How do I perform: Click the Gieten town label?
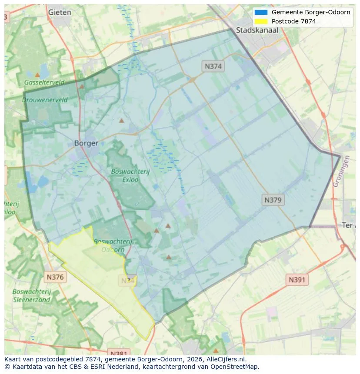(60, 12)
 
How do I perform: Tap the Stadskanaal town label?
(257, 30)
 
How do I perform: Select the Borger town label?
(86, 143)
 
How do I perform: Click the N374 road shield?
(213, 66)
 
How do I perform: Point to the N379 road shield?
(273, 200)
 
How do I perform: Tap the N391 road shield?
(297, 280)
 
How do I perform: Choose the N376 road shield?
(55, 277)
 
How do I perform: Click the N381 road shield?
(118, 353)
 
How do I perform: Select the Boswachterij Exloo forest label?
(130, 175)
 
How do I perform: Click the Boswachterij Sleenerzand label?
(32, 295)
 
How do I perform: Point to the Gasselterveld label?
(44, 82)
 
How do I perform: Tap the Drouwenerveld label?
(45, 99)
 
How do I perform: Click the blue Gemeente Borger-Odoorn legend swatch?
(261, 12)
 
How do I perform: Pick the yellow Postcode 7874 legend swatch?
(261, 21)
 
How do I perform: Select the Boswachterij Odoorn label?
(110, 245)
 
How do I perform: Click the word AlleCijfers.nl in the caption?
(226, 359)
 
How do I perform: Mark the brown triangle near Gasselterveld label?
(37, 75)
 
